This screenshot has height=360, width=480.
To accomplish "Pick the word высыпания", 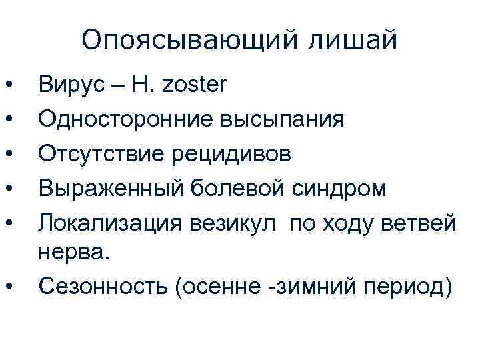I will point(289,120).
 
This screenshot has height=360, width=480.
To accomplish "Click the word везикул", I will point(239,222).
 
